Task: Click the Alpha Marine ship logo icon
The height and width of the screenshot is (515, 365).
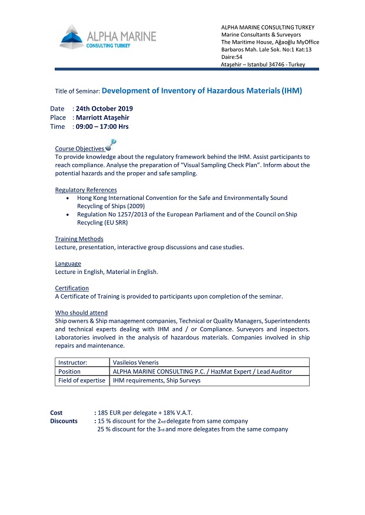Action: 71,37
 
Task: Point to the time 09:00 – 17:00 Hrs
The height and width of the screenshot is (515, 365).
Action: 102,126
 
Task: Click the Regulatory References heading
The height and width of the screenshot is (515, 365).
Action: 86,190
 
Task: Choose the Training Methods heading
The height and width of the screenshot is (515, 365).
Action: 79,239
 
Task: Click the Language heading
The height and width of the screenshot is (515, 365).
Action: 68,263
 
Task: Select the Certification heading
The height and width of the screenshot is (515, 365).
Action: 72,288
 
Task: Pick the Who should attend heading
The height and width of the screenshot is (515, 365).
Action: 81,313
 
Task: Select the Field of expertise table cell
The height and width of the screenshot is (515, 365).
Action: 82,380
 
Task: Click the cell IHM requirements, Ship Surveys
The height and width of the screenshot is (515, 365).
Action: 156,380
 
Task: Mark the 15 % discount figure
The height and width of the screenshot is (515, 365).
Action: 104,421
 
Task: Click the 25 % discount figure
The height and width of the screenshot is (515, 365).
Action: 104,429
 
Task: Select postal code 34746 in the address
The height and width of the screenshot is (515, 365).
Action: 280,64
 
